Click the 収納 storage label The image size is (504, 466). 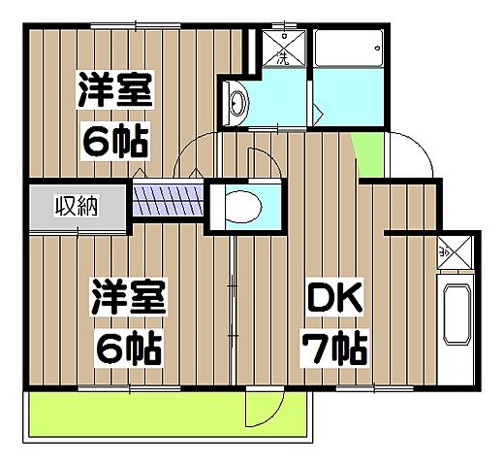(x=76, y=206)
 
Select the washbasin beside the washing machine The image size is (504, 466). (x=236, y=99)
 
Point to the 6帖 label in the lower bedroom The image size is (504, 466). (x=127, y=344)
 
